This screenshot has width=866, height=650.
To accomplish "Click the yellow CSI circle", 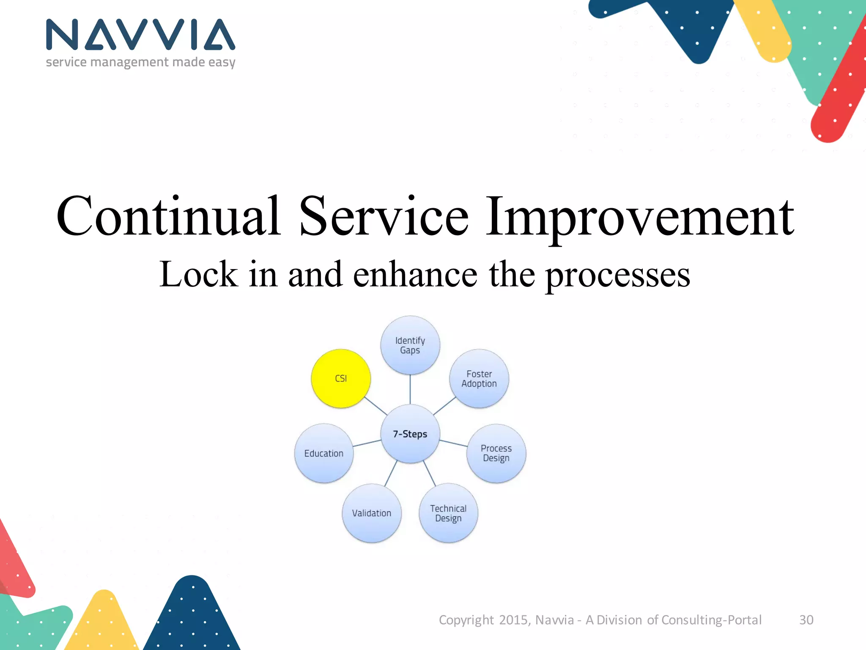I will (341, 378).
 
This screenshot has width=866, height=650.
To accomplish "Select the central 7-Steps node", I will (410, 434).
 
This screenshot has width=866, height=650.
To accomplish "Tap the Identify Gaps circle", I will (410, 345).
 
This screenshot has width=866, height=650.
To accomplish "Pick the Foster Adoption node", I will (479, 379).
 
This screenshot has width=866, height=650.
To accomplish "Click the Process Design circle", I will (496, 453).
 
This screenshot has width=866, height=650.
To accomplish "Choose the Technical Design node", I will (449, 513).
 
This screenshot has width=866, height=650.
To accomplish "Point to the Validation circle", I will (372, 513).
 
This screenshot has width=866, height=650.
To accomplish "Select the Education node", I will (324, 453).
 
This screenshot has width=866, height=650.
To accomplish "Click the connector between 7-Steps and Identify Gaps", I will (410, 389).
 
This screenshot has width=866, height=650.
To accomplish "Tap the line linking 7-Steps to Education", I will (367, 443).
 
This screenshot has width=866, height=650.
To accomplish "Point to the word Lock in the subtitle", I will (198, 274).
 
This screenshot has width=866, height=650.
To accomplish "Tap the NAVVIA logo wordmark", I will (140, 35).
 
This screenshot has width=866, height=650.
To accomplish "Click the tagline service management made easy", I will (140, 62).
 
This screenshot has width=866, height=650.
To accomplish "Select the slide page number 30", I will (806, 620).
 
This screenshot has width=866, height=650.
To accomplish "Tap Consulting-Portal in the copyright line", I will (711, 620).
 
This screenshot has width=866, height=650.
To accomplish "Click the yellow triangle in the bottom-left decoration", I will (103, 622).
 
